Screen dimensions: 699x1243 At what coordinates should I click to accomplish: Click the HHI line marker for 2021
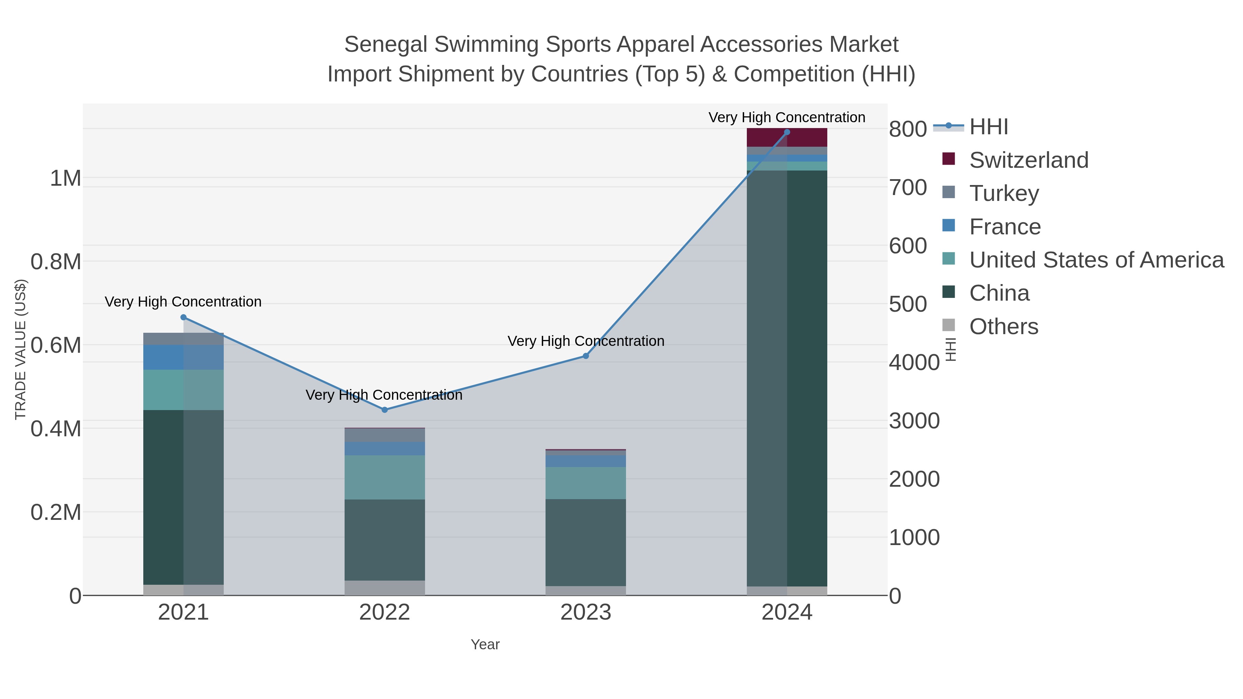(x=183, y=318)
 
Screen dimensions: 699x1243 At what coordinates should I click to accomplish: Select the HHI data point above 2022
(x=385, y=410)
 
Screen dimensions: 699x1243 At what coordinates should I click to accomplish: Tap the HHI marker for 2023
(x=586, y=356)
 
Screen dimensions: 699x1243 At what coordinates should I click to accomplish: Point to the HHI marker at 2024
(x=787, y=132)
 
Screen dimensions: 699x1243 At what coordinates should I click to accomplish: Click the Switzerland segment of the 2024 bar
(x=787, y=137)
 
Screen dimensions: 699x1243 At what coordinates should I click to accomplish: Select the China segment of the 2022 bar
(x=385, y=540)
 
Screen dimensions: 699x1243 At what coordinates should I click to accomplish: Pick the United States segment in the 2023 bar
(x=586, y=483)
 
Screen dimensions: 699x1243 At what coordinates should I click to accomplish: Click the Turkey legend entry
(x=1004, y=193)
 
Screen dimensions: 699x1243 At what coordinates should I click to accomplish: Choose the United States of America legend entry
(x=1096, y=260)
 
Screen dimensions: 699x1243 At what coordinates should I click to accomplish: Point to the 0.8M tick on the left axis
(x=56, y=262)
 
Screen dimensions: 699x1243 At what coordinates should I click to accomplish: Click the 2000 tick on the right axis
(x=914, y=479)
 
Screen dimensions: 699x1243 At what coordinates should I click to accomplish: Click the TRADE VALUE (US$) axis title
(x=20, y=349)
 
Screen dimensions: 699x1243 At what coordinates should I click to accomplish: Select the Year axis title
(x=485, y=644)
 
